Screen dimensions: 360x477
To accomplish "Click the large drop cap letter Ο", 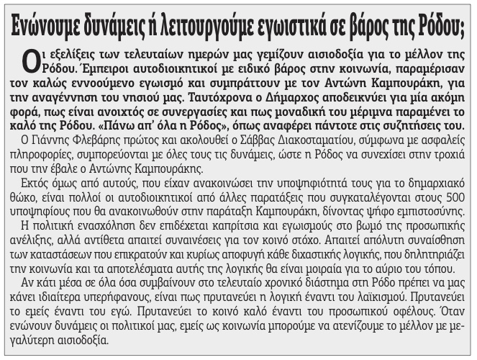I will [x=30, y=62].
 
